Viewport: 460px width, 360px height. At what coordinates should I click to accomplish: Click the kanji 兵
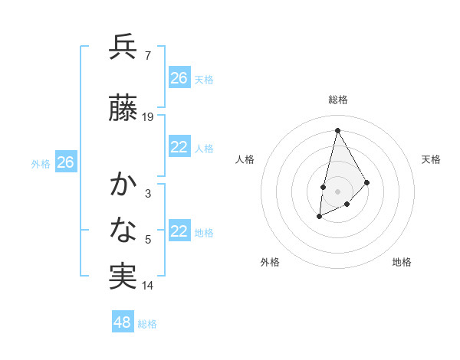123,47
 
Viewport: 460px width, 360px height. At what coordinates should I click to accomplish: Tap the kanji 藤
123,110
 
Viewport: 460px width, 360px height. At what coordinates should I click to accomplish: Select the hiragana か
123,185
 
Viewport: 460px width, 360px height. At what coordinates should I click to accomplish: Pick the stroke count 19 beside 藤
148,117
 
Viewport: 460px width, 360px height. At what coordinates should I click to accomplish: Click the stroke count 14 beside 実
148,286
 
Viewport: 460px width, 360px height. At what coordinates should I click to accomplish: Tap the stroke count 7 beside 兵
147,55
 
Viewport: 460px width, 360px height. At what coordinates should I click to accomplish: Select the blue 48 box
123,322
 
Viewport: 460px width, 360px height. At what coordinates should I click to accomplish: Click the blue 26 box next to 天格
179,78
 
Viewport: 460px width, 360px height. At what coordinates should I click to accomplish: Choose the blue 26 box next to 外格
66,162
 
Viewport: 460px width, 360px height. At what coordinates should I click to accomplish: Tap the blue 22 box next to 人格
179,147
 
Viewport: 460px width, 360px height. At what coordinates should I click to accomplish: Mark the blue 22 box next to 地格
179,231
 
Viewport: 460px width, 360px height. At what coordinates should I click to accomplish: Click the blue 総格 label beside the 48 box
147,324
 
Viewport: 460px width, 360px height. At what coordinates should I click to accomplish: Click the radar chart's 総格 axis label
338,100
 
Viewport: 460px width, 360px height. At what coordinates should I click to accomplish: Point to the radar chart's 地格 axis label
402,262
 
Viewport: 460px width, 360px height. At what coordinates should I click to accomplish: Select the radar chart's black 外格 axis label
270,262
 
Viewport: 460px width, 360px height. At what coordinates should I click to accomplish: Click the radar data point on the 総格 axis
337,129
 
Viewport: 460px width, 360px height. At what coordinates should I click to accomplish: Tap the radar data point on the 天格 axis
367,182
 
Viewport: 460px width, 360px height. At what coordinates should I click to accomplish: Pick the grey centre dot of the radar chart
337,191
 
